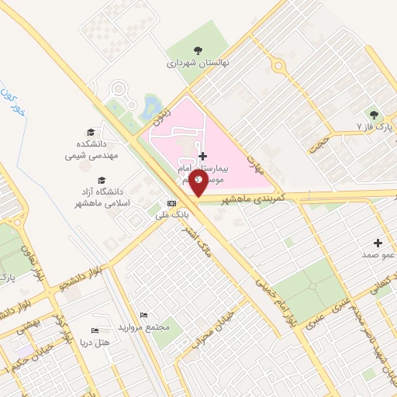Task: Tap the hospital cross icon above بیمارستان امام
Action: (203, 156)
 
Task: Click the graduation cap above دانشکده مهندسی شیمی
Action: (91, 133)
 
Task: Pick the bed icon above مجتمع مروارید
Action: (143, 315)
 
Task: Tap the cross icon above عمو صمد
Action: (378, 243)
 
